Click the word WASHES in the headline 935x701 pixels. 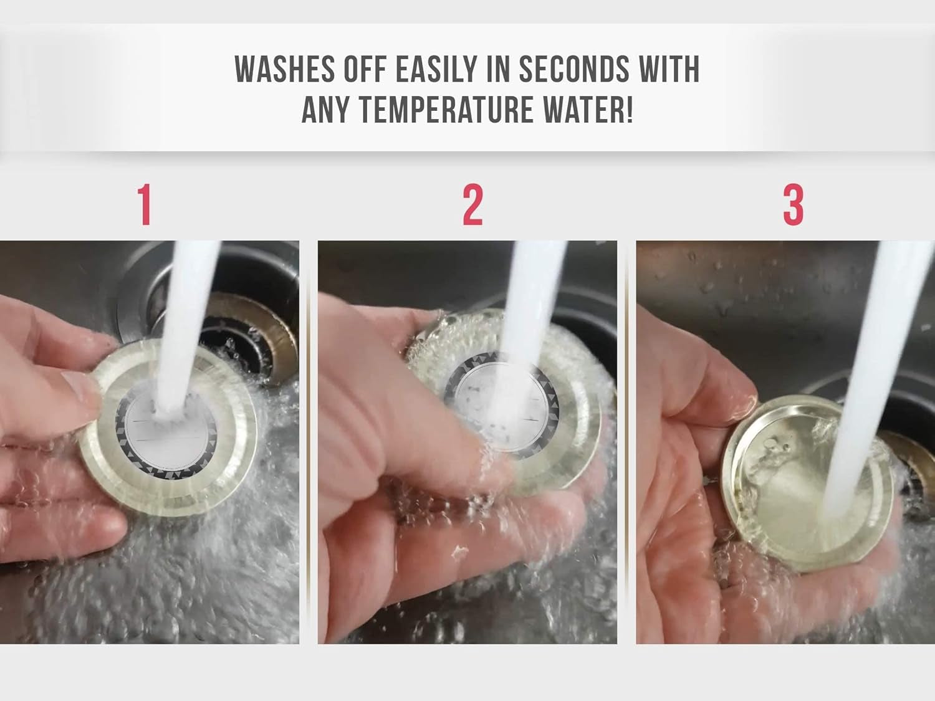pyautogui.click(x=284, y=69)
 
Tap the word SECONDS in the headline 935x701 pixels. pyautogui.click(x=574, y=69)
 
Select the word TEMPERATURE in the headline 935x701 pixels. pyautogui.click(x=446, y=109)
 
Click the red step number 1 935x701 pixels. pyautogui.click(x=145, y=204)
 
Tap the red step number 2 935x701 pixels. pyautogui.click(x=473, y=204)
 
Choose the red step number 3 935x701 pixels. pyautogui.click(x=793, y=204)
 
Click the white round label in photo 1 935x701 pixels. pyautogui.click(x=167, y=429)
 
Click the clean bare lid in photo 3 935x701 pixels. pyautogui.click(x=812, y=483)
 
